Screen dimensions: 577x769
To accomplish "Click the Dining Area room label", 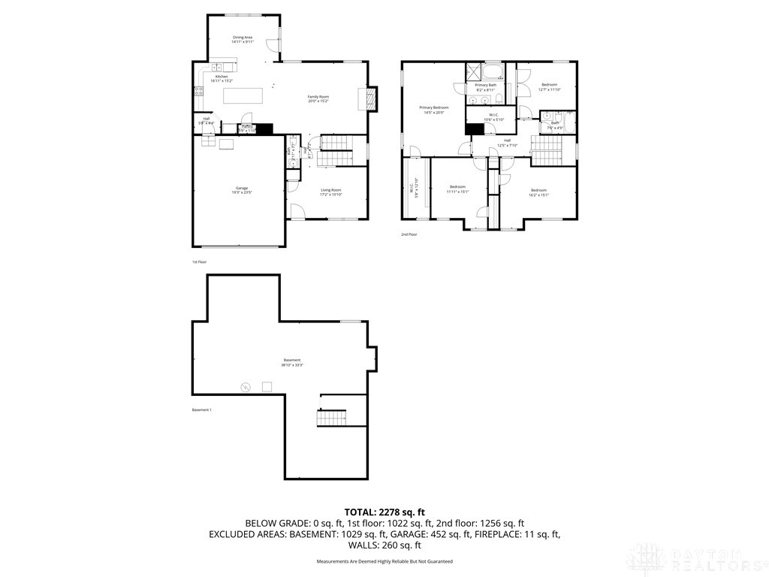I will click(x=242, y=39).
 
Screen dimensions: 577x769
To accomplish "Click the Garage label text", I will click(x=242, y=190).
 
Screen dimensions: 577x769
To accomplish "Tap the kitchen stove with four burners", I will click(x=199, y=92).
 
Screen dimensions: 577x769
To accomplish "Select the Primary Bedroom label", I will click(x=434, y=110).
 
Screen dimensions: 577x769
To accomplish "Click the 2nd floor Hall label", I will click(x=507, y=142).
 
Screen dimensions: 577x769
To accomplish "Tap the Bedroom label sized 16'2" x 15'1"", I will click(x=538, y=192).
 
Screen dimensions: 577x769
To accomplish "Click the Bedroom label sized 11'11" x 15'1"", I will click(x=458, y=189).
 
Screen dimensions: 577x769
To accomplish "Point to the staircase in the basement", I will click(x=330, y=418).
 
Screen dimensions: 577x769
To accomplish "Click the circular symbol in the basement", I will click(x=245, y=387).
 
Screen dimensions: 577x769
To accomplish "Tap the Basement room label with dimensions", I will click(x=291, y=362).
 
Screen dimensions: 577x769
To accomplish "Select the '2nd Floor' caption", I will click(x=409, y=234).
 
